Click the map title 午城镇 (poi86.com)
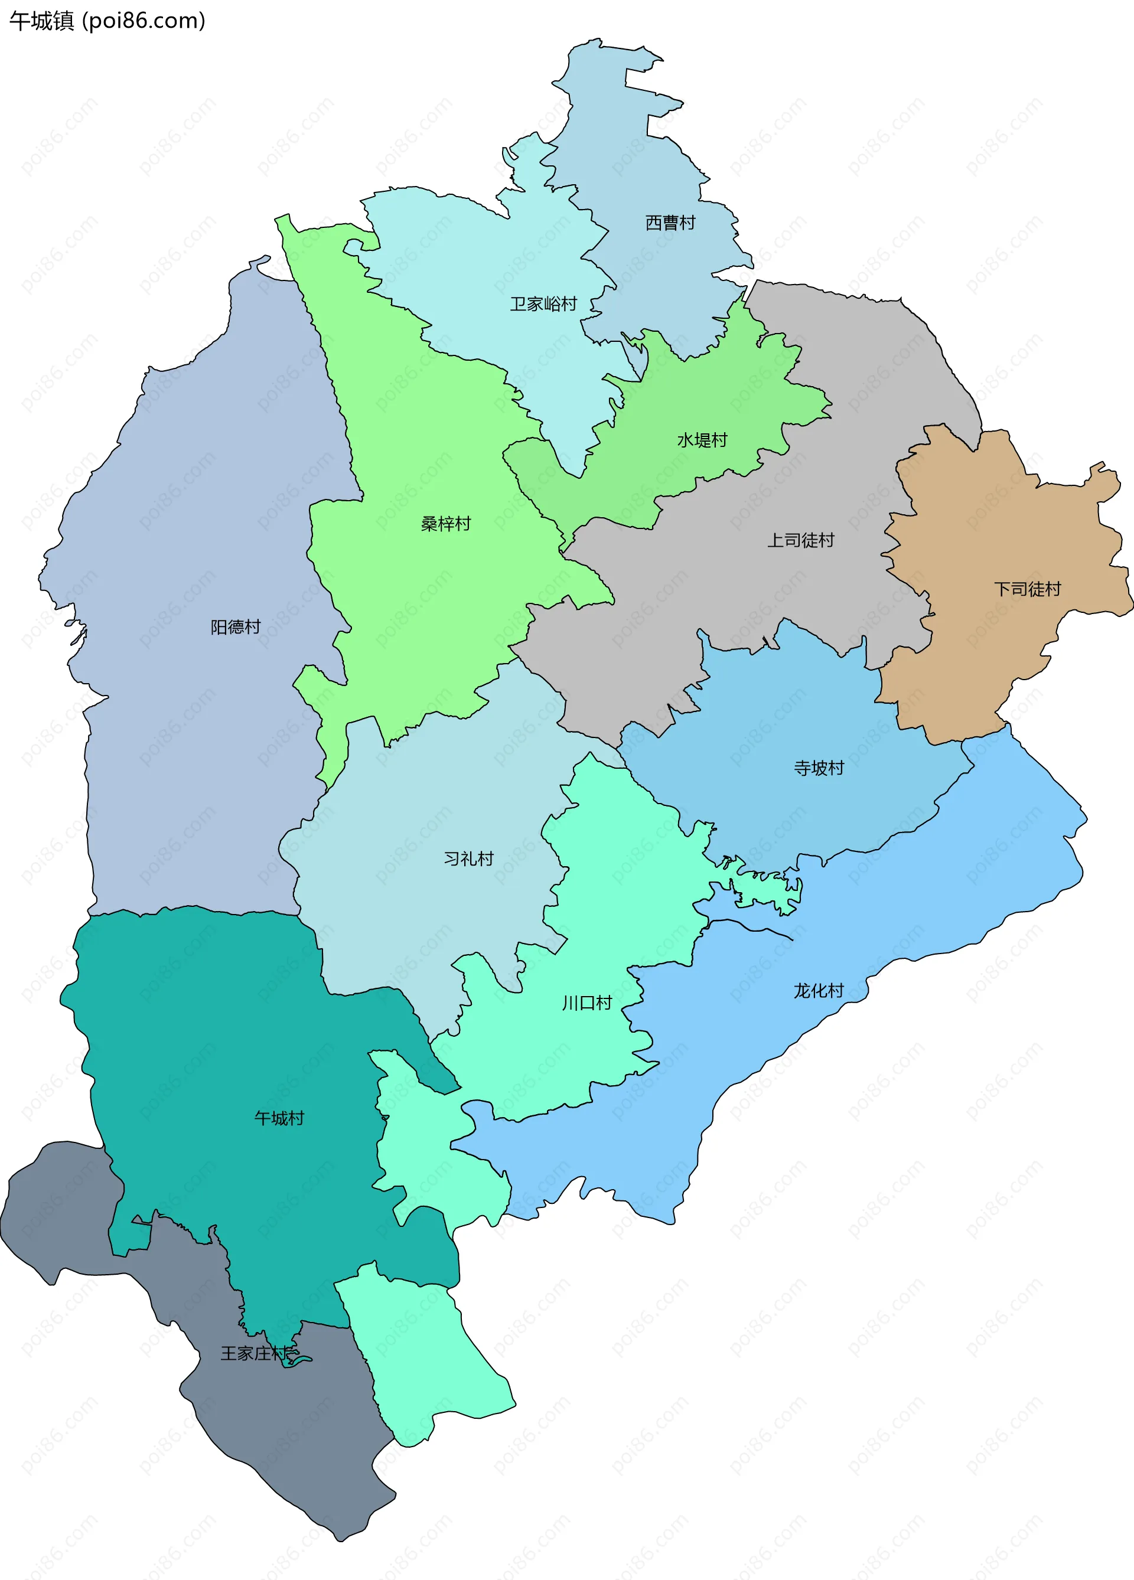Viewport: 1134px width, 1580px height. point(107,21)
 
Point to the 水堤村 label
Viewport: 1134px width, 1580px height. point(702,440)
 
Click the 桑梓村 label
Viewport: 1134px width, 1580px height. point(446,523)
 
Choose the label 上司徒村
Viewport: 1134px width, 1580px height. point(801,540)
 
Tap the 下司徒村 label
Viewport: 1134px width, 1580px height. point(1027,589)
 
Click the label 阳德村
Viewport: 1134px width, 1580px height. point(236,627)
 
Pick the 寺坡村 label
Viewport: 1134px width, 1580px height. point(819,768)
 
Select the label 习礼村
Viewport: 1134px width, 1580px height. point(468,858)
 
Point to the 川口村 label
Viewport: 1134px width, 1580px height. point(587,1003)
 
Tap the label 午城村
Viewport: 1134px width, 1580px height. point(279,1118)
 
